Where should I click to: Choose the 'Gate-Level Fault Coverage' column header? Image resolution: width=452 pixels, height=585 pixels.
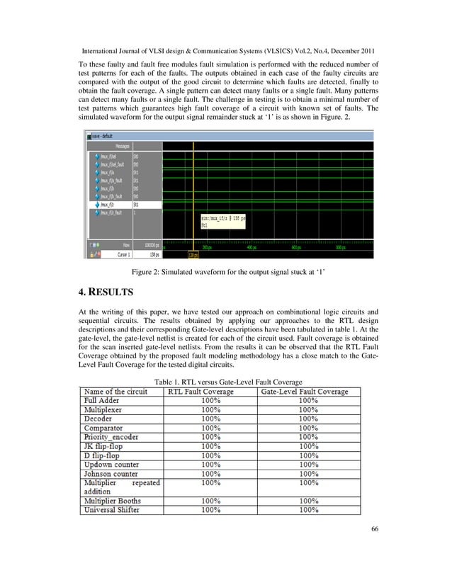305,391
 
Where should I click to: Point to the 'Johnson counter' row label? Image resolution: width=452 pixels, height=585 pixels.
115,474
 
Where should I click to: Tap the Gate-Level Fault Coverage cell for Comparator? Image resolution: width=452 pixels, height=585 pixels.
307,428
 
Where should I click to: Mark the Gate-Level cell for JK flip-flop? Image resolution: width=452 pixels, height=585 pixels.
307,446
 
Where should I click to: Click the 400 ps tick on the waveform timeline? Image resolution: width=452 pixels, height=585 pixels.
252,248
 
